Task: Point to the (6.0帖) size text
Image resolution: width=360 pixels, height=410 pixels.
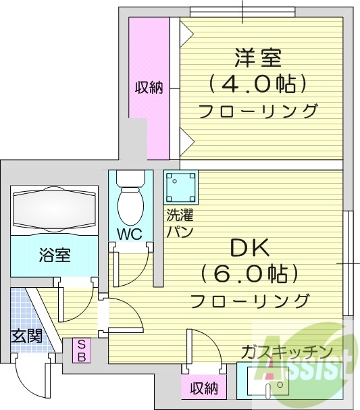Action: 250,274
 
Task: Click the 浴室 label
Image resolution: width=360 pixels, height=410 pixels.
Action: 54,255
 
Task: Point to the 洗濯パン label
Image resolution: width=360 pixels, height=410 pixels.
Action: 180,224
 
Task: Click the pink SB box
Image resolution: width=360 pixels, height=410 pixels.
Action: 80,351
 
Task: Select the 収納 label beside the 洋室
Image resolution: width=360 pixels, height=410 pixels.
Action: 148,88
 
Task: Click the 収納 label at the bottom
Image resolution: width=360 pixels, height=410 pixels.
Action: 203,388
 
